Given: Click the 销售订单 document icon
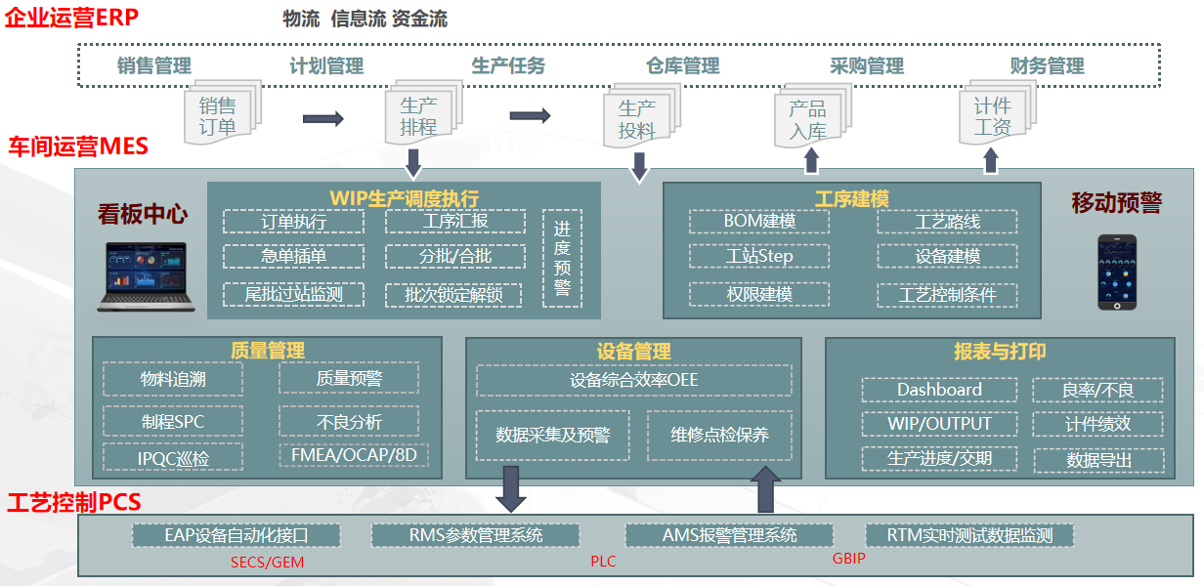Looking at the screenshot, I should click(x=218, y=115).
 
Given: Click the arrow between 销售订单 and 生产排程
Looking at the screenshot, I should click(x=323, y=119).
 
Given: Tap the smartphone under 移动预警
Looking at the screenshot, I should click(x=1116, y=272).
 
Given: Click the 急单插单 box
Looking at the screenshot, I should click(x=293, y=257).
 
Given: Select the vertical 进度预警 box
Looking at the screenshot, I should click(x=562, y=259).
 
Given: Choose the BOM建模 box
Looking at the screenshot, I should click(x=759, y=222).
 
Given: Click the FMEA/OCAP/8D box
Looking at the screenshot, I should click(x=349, y=456).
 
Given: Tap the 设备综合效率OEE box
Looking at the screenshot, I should click(x=634, y=380).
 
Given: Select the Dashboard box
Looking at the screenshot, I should click(x=939, y=390).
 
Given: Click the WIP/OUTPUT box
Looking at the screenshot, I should click(x=939, y=424).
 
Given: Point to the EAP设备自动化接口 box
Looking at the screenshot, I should click(x=237, y=535).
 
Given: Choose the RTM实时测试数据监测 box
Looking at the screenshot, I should click(x=969, y=535).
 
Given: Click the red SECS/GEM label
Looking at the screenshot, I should click(x=269, y=563).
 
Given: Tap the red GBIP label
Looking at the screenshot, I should click(x=848, y=560).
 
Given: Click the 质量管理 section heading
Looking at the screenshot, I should click(x=268, y=350).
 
